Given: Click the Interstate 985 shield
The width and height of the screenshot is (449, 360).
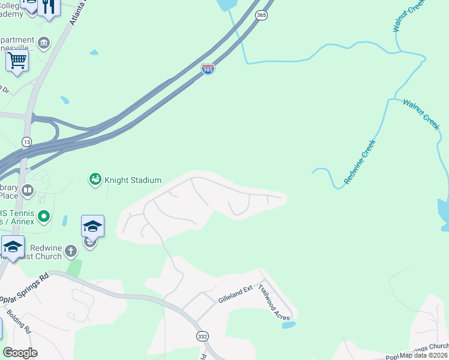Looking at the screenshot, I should point(208,70).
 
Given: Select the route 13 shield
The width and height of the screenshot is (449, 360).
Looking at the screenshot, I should point(26,142).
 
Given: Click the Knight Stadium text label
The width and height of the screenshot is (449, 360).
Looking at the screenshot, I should point(133,180).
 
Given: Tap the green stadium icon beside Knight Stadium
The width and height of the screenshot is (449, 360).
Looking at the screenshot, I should point(95,179).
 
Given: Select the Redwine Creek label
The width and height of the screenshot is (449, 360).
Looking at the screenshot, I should point(360,161).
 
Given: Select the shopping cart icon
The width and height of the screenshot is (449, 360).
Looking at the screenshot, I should point(17,60).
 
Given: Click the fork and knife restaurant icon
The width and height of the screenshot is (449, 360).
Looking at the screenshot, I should point(49,7).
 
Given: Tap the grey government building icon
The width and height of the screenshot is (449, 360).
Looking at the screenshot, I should point(44,43).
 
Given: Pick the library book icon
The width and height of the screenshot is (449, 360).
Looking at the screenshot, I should point(28,191).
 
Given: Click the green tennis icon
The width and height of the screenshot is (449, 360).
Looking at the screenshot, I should point(43,215).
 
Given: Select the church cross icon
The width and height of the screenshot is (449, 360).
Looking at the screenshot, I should point(71,251).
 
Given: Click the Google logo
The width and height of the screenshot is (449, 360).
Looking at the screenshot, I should point(20,353).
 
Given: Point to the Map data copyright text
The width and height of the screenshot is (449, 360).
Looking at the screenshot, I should point(423,355).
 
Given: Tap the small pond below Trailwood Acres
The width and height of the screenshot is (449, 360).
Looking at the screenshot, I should point(288,325).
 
